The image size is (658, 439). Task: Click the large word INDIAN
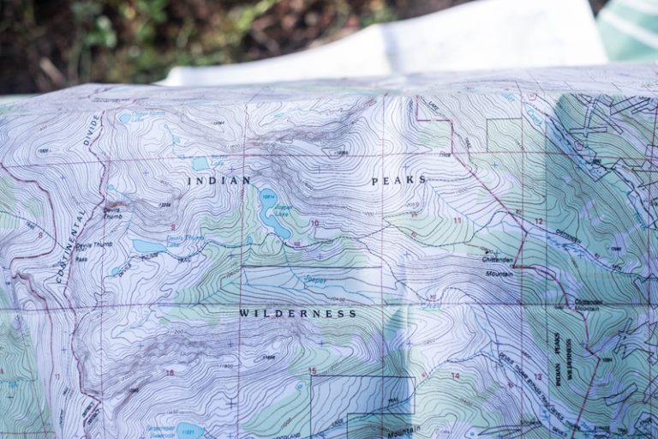tap(219, 181)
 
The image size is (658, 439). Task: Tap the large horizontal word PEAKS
tap(398, 181)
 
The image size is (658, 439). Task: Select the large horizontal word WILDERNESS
tap(297, 314)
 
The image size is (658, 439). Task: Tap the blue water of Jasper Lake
tap(273, 214)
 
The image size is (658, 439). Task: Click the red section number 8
tap(40, 234)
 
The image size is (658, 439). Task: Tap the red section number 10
tap(314, 223)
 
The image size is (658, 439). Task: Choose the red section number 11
tap(457, 220)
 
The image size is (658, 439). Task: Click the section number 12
tap(538, 221)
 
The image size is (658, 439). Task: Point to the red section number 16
tap(170, 372)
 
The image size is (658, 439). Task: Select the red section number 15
tap(313, 370)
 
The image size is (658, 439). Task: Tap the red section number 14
tap(455, 376)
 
